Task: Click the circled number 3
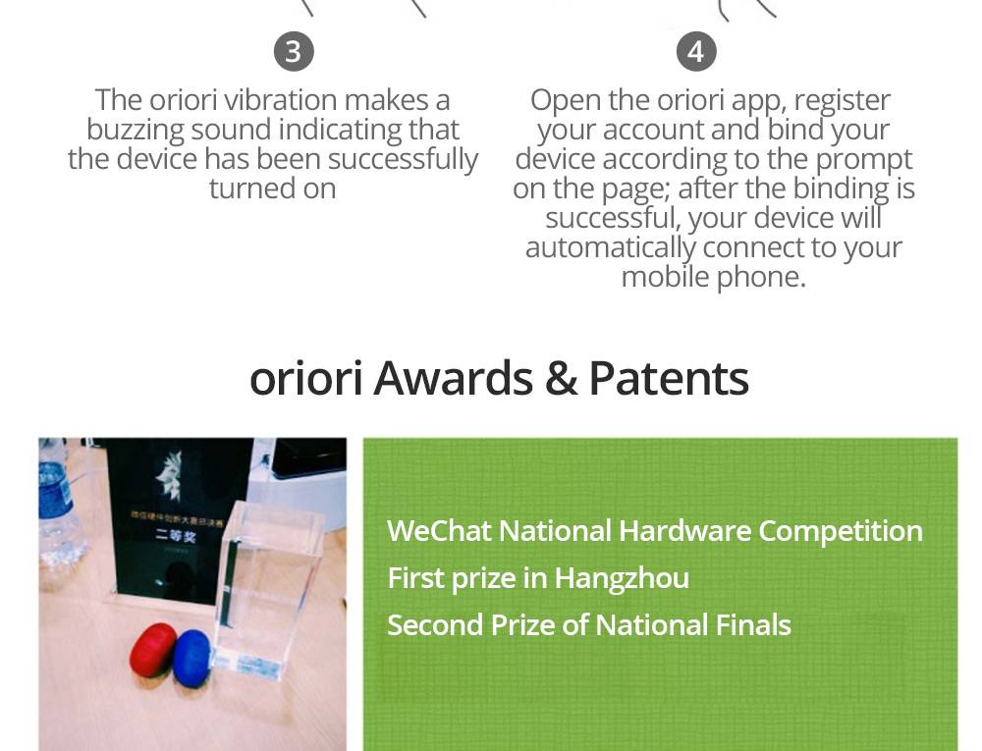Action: point(294,51)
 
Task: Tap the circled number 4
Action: point(696,51)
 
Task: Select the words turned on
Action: point(272,188)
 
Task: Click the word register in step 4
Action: point(842,100)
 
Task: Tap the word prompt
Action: point(864,159)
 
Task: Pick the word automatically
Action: point(610,247)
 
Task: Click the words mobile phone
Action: point(713,277)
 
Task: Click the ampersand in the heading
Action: point(560,378)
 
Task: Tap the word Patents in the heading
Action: point(669,378)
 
